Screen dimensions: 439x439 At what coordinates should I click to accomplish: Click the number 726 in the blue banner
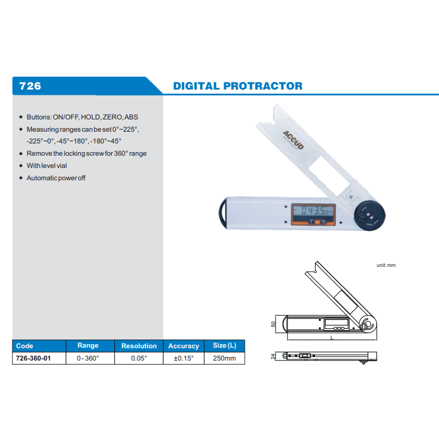pyautogui.click(x=30, y=86)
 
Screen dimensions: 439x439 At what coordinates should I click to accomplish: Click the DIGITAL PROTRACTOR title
pyautogui.click(x=238, y=86)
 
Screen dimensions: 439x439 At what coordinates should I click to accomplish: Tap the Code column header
pyautogui.click(x=25, y=346)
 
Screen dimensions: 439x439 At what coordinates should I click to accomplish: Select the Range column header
pyautogui.click(x=88, y=346)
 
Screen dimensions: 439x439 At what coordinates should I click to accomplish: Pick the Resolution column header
pyautogui.click(x=139, y=346)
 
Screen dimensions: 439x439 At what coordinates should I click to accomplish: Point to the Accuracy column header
pyautogui.click(x=183, y=346)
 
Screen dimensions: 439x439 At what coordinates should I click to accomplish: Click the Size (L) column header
pyautogui.click(x=225, y=346)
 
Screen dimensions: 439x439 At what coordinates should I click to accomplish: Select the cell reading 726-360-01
pyautogui.click(x=33, y=358)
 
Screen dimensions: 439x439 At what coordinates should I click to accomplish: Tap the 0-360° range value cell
pyautogui.click(x=88, y=358)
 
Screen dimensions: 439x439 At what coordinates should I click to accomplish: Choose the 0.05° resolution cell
pyautogui.click(x=139, y=358)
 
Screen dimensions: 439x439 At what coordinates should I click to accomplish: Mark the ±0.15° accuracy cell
pyautogui.click(x=183, y=358)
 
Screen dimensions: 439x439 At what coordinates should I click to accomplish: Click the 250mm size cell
pyautogui.click(x=225, y=358)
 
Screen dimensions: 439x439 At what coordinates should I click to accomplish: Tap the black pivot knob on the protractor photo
pyautogui.click(x=369, y=215)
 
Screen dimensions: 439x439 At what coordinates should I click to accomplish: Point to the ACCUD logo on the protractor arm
pyautogui.click(x=293, y=140)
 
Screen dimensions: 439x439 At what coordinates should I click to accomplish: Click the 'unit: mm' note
pyautogui.click(x=386, y=265)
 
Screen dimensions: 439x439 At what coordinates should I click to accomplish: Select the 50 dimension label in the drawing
pyautogui.click(x=273, y=324)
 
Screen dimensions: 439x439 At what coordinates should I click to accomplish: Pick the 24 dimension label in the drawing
pyautogui.click(x=273, y=356)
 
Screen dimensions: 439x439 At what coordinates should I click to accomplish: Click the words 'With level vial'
pyautogui.click(x=47, y=166)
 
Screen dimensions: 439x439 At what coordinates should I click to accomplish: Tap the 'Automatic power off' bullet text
pyautogui.click(x=56, y=178)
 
